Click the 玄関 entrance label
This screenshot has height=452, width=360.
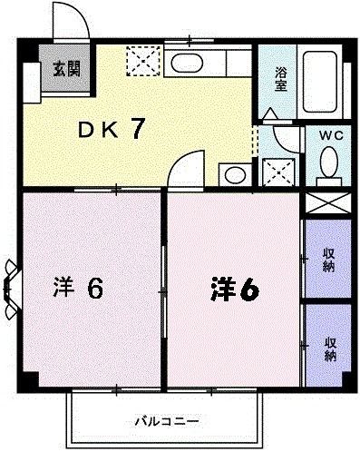(x=67, y=69)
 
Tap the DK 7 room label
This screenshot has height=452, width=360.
(x=111, y=129)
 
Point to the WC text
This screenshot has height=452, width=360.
(x=331, y=135)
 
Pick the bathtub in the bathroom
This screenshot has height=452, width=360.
(x=320, y=82)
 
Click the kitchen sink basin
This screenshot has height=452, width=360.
(x=186, y=64)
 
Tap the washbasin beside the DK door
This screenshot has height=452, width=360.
(x=236, y=175)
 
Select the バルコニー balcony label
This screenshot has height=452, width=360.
(x=167, y=421)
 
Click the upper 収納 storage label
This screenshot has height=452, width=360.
(x=328, y=260)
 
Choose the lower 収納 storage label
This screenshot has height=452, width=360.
(x=330, y=349)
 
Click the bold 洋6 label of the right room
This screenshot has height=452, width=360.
(x=235, y=289)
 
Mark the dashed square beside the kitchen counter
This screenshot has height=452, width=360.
(x=143, y=61)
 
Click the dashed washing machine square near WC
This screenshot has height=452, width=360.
(x=278, y=172)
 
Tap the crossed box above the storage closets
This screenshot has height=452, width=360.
(x=328, y=202)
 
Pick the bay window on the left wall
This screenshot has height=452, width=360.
(x=11, y=290)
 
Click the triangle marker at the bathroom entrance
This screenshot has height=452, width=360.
(x=270, y=113)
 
